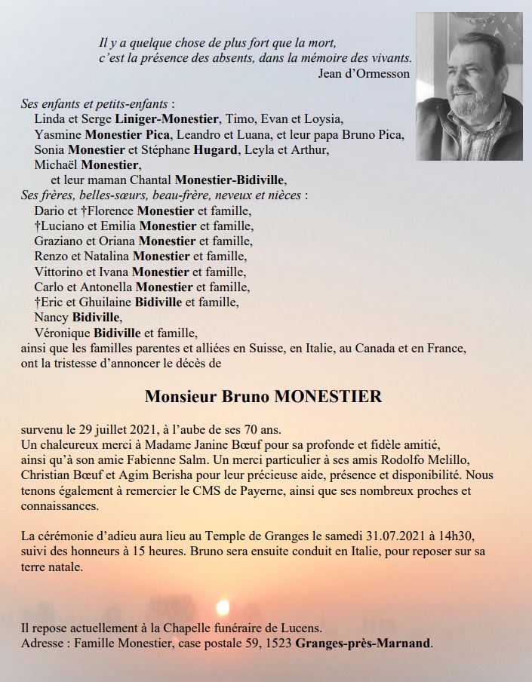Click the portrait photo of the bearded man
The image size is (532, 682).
(469, 86)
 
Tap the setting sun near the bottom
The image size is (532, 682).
(223, 607)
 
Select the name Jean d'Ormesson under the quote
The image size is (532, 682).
(364, 73)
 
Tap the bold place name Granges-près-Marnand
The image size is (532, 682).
(364, 644)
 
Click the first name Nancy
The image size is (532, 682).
(51, 317)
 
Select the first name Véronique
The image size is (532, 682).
(63, 332)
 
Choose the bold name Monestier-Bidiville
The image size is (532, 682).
(231, 180)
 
